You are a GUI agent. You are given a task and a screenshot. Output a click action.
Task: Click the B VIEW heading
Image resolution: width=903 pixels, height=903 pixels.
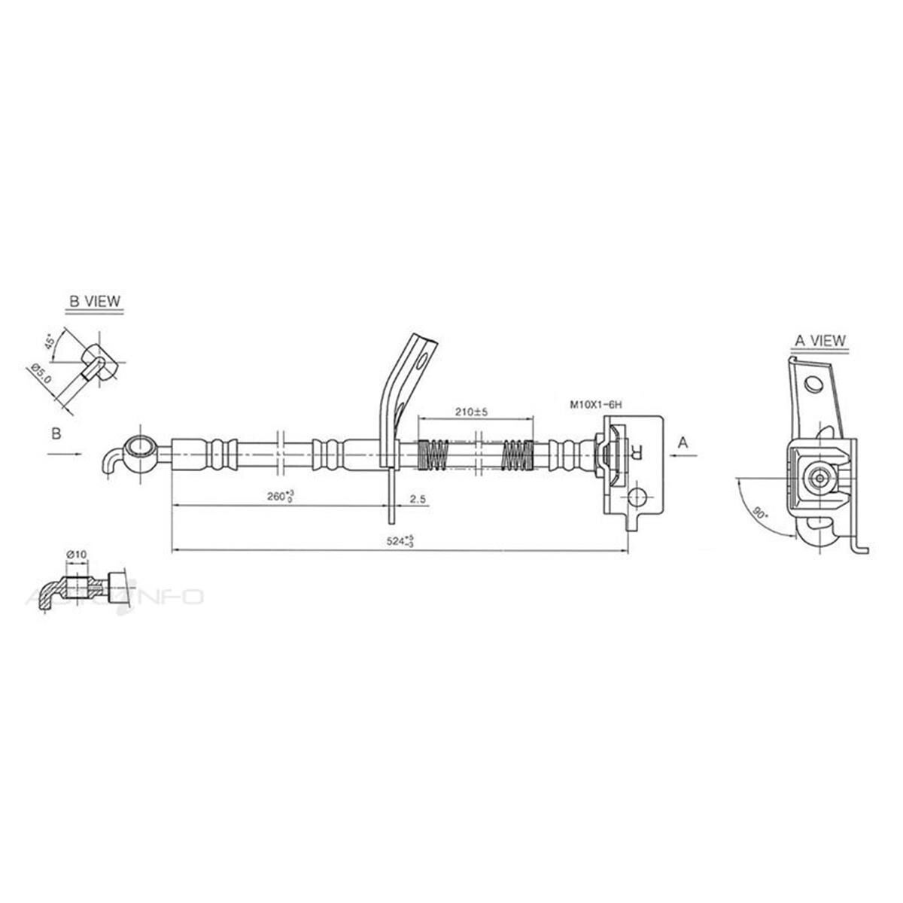coord(94,301)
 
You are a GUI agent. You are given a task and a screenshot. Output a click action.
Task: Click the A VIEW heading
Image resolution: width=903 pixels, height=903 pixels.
coord(820,341)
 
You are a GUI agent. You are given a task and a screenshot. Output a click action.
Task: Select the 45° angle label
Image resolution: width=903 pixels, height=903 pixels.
coord(50,342)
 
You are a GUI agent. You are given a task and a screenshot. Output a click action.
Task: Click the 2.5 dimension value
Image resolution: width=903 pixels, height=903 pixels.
coord(419,497)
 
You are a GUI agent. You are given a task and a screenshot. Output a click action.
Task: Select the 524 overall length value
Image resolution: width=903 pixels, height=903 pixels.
coord(398,541)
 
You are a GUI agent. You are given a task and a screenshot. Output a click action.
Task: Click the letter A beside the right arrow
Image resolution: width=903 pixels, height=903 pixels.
coord(683,442)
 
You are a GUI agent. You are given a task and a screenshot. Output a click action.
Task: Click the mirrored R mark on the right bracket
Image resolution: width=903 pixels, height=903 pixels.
coord(637,452)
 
